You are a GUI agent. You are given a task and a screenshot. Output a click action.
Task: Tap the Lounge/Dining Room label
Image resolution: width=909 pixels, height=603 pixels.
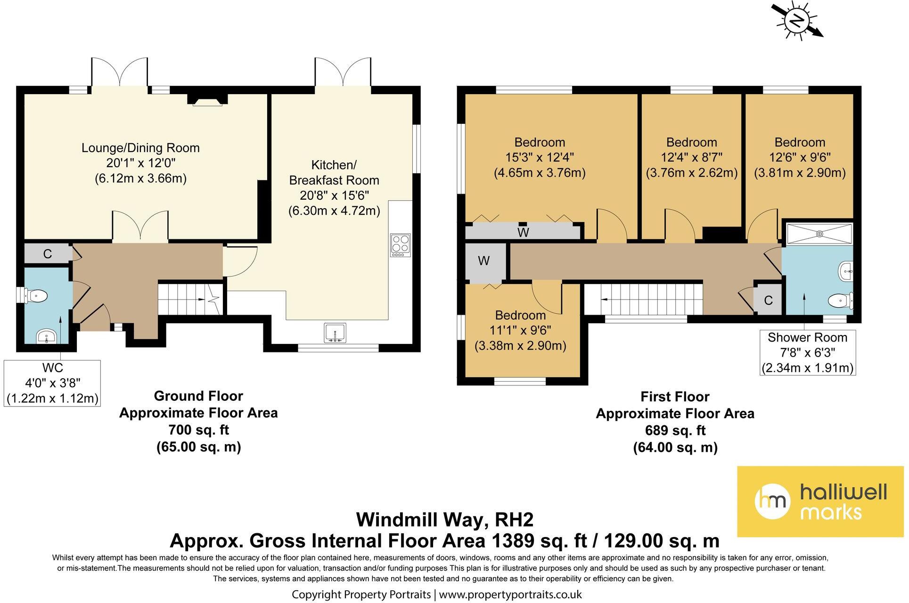point(140,148)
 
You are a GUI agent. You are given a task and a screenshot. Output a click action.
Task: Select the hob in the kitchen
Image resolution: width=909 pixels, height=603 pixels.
point(401,245)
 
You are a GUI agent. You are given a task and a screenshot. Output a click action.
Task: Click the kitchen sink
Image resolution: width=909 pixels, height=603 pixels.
point(335,332)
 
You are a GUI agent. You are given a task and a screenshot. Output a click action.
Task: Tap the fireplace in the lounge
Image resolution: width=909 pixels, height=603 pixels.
point(207,99)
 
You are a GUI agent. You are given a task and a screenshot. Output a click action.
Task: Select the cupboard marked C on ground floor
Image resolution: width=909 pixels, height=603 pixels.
point(47,254)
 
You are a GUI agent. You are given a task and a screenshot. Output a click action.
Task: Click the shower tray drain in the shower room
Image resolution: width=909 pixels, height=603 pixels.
point(819,234)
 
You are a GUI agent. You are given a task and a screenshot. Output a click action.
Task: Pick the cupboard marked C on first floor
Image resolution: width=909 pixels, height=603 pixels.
point(768,300)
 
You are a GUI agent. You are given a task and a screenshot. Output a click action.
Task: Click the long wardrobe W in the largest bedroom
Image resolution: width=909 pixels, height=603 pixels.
point(523,232)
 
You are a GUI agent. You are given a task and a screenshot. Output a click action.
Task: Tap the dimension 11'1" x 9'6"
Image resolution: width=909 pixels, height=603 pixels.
point(520,330)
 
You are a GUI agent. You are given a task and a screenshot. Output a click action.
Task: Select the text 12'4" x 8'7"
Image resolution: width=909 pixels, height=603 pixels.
point(691,157)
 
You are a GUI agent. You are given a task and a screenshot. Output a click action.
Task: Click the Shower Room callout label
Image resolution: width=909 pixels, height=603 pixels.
point(808,352)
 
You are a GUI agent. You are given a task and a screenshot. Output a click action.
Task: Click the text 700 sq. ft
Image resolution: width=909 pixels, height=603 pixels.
point(198,430)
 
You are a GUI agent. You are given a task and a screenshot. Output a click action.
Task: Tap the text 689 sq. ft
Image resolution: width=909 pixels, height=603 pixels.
point(675,430)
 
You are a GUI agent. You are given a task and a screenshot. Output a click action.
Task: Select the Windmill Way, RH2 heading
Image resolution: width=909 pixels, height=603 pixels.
point(445,520)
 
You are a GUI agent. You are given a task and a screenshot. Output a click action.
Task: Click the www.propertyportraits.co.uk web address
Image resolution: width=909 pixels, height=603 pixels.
point(510,595)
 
